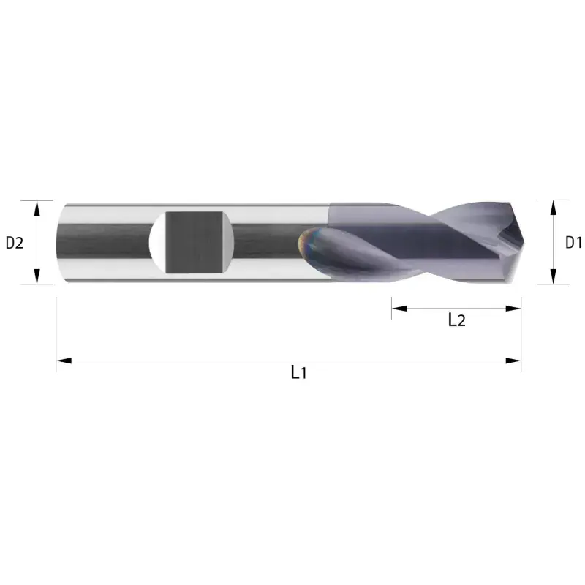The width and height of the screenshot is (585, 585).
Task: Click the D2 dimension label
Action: (x=15, y=243)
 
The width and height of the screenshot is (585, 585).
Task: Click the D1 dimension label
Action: (x=573, y=243)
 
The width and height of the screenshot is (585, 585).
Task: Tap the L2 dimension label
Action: (x=456, y=320)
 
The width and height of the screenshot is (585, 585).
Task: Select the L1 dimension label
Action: (x=298, y=372)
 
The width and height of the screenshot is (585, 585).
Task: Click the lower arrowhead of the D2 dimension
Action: (x=37, y=276)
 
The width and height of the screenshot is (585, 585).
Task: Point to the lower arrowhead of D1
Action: (x=554, y=276)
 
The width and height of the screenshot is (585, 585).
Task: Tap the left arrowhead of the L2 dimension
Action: (x=399, y=309)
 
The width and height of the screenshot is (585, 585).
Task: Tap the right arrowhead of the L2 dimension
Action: (x=513, y=309)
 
